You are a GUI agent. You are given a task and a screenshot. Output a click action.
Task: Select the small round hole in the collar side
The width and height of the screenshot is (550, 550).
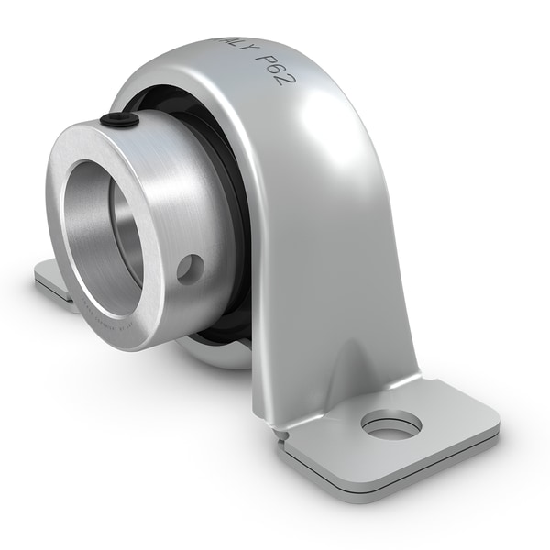click(191, 268)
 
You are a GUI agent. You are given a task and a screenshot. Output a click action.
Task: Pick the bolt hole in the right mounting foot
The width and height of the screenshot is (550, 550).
click(391, 423)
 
